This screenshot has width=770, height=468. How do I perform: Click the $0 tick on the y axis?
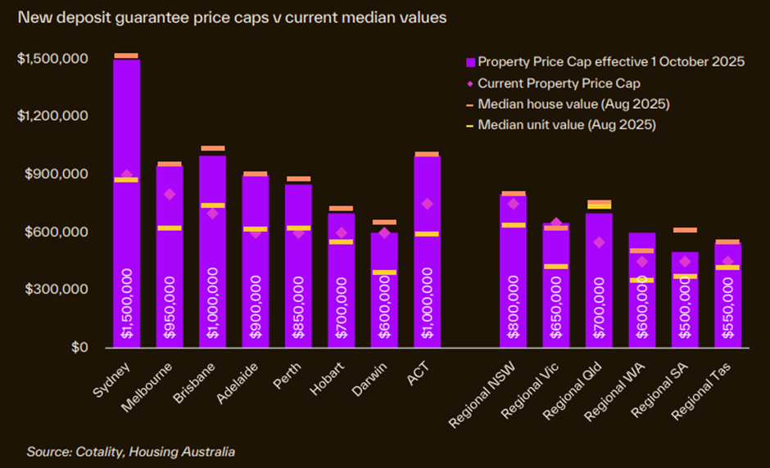(x=79, y=347)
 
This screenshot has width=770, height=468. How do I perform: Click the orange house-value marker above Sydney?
(x=126, y=56)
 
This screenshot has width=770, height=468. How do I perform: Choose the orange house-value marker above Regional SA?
(x=685, y=230)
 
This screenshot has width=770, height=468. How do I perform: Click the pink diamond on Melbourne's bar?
(x=170, y=194)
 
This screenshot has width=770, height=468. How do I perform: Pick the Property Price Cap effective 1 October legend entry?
(x=610, y=61)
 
